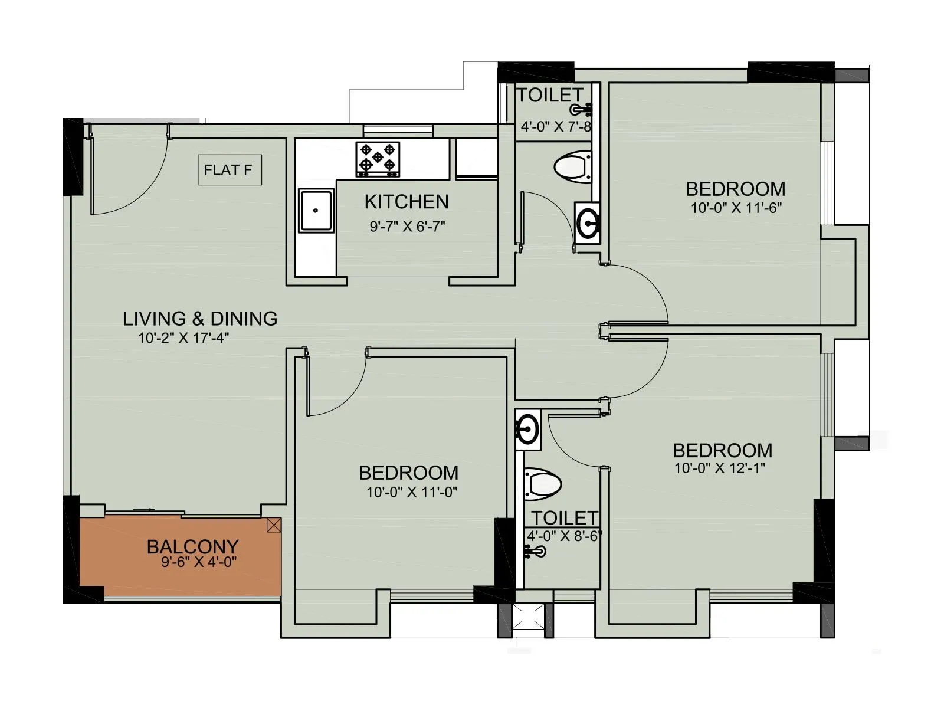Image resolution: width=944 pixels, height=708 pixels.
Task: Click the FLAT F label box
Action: tap(229, 170)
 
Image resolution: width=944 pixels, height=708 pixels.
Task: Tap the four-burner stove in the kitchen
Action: tap(378, 159)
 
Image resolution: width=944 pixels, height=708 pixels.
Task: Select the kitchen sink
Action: tap(316, 210)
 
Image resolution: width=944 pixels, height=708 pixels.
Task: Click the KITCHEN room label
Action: tap(407, 202)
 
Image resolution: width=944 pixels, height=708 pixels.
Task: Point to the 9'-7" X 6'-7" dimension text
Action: tap(407, 227)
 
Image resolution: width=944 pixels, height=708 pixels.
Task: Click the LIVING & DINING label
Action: tap(200, 319)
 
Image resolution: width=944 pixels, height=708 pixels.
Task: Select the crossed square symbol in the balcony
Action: tap(274, 525)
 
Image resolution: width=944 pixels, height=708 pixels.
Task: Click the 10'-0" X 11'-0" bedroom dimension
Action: tap(412, 492)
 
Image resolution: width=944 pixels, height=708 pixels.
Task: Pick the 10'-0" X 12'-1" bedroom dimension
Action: tap(720, 468)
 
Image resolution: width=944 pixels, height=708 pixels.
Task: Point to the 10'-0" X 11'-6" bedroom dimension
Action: tap(736, 208)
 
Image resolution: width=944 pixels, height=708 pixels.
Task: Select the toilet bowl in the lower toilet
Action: tap(542, 483)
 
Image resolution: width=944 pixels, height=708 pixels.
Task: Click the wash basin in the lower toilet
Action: tap(527, 429)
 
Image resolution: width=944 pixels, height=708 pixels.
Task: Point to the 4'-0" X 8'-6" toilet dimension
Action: tap(564, 536)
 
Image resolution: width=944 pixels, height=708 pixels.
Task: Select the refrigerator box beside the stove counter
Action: tap(476, 158)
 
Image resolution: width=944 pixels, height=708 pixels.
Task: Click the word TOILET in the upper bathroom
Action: tap(549, 95)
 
